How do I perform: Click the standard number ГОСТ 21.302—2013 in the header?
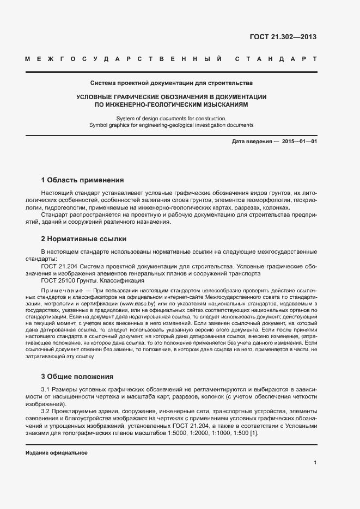pyautogui.click(x=283, y=37)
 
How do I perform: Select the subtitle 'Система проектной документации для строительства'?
pyautogui.click(x=171, y=83)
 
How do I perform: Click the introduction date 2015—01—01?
pyautogui.click(x=300, y=142)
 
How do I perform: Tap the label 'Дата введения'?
pyautogui.click(x=252, y=142)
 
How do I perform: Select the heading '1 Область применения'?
pyautogui.click(x=82, y=180)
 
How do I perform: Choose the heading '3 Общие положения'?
pyautogui.click(x=77, y=376)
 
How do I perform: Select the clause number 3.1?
pyautogui.click(x=47, y=390)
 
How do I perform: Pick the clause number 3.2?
pyautogui.click(x=47, y=411)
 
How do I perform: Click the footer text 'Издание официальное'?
pyautogui.click(x=57, y=453)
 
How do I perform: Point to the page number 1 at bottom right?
pyautogui.click(x=315, y=463)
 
